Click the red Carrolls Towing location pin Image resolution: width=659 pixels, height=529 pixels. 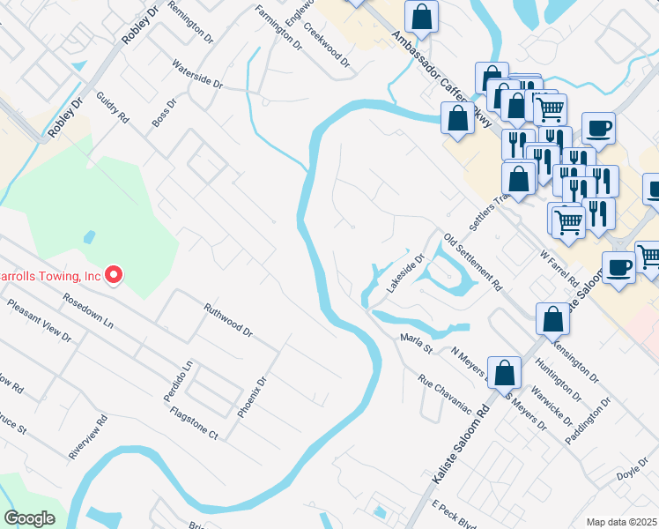coord(113,277)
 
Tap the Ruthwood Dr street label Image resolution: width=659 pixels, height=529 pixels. coord(228,322)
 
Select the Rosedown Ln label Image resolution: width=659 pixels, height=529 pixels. coord(88,311)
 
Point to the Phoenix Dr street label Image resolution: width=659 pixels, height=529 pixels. coord(255,396)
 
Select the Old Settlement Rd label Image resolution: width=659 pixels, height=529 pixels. coord(472,263)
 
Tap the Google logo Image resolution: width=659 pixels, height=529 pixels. coord(29,519)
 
